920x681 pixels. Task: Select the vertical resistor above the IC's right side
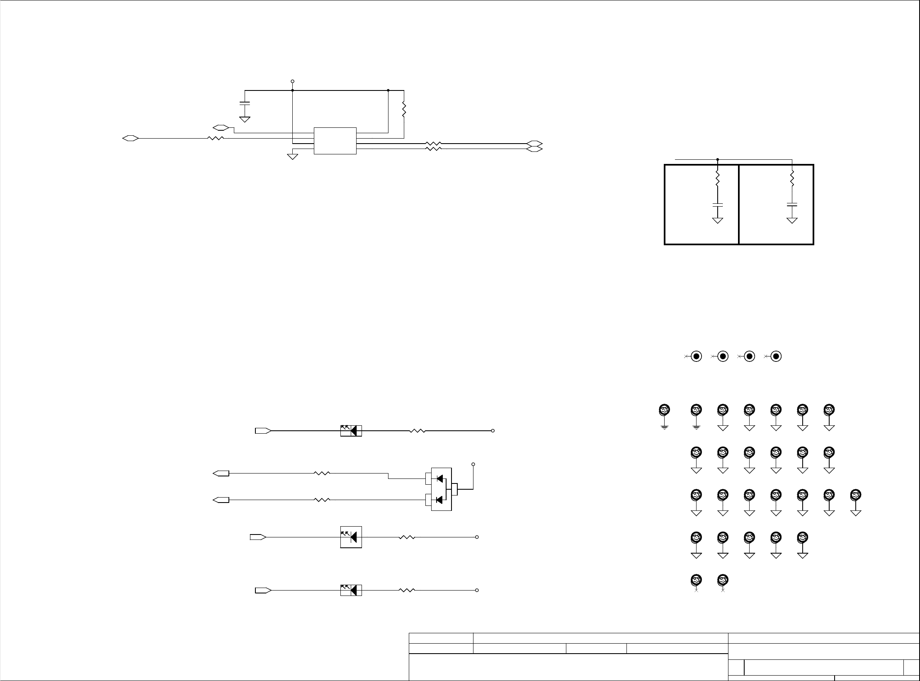[x=403, y=110]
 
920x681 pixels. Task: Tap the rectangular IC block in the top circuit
[x=335, y=141]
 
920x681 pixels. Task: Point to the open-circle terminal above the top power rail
[x=292, y=81]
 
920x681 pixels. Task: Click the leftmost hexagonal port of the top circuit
[x=131, y=138]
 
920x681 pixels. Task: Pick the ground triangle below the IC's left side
[x=293, y=156]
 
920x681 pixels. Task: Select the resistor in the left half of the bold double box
[x=717, y=179]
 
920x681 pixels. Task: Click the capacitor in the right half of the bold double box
[x=792, y=205]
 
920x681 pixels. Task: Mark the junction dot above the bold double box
[x=717, y=159]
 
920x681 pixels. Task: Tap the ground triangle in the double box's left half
[x=717, y=221]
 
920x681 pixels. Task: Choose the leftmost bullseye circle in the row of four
[x=697, y=356]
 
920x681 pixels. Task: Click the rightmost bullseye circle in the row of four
[x=776, y=356]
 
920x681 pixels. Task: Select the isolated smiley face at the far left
[x=664, y=410]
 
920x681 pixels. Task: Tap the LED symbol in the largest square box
[x=351, y=537]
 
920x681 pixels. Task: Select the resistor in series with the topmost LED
[x=418, y=431]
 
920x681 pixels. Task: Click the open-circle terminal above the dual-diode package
[x=473, y=464]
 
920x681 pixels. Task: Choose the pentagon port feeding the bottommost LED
[x=263, y=590]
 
